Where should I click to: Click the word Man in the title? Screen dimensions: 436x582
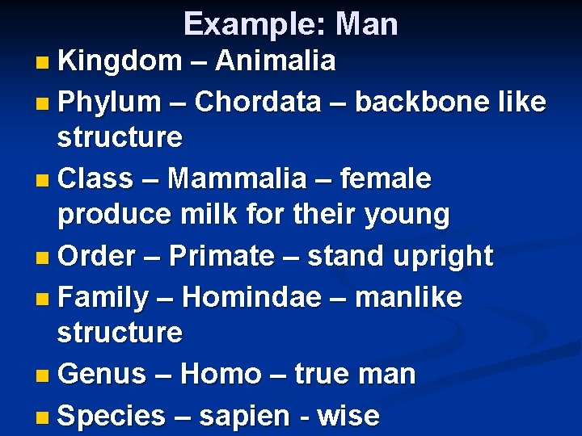coord(367,24)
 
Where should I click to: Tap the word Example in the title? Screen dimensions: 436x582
coord(248,24)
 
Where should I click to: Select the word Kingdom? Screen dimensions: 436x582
coord(120,61)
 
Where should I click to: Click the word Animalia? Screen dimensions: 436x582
coord(276,61)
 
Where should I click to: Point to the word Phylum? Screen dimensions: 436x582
coord(110,103)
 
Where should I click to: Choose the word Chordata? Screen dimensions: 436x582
coord(257,103)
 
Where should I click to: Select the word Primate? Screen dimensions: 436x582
coord(221,256)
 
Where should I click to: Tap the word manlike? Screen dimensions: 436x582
coord(408,297)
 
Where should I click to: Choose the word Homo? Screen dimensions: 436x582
coord(220,375)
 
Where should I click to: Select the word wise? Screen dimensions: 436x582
coord(348,417)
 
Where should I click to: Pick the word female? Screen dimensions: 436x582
coord(386,178)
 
